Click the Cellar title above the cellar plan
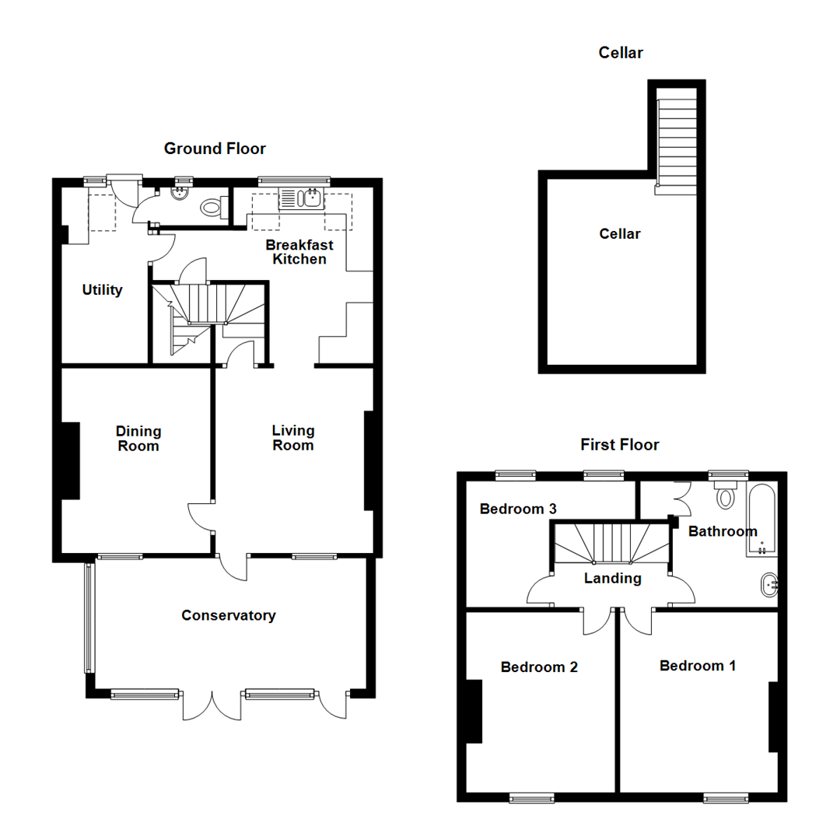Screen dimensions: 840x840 [621, 53]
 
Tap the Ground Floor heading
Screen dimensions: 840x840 [215, 149]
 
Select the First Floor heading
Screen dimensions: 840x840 [620, 445]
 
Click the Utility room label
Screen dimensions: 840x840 [103, 290]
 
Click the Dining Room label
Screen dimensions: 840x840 [138, 439]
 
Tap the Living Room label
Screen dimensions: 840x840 [293, 438]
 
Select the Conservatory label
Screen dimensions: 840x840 [229, 616]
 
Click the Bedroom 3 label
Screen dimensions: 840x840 [518, 509]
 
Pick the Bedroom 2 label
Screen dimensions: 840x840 [539, 667]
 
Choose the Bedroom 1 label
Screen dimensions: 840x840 [698, 666]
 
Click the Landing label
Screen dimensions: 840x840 [613, 579]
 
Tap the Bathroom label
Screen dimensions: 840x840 [723, 532]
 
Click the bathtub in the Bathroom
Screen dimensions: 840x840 [761, 520]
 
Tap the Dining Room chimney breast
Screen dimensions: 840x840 [70, 460]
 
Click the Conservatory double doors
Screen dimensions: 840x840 [211, 705]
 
